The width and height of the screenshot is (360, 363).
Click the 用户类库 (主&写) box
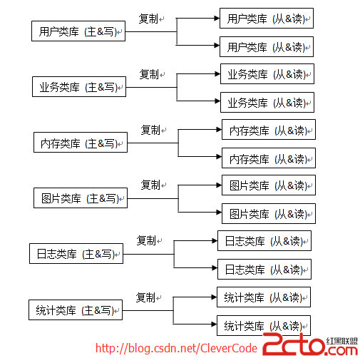click(x=78, y=31)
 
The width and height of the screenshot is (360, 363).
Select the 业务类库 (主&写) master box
click(x=79, y=86)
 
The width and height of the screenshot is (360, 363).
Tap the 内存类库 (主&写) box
click(x=81, y=143)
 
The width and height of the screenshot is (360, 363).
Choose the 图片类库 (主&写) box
click(x=81, y=198)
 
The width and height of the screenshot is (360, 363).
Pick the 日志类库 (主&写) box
click(x=76, y=254)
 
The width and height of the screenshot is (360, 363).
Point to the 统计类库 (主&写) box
click(x=76, y=310)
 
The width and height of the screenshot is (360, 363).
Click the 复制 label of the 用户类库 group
click(x=148, y=19)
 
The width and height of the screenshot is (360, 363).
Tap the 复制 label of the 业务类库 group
click(x=149, y=74)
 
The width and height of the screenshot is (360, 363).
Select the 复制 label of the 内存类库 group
click(x=150, y=130)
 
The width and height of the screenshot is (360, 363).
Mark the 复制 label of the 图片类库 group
click(x=150, y=185)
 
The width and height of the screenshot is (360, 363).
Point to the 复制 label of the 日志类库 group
click(x=146, y=240)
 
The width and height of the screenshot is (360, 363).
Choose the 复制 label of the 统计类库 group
click(x=145, y=297)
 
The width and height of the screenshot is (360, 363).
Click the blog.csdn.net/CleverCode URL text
click(x=176, y=348)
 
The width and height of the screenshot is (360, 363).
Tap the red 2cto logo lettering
click(x=294, y=344)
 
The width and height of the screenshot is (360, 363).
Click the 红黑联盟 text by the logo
click(x=342, y=341)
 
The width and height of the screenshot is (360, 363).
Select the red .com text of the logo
click(x=341, y=351)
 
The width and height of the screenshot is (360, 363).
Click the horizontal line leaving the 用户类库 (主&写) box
click(x=151, y=31)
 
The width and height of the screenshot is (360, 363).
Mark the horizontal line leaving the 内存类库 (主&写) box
click(x=153, y=143)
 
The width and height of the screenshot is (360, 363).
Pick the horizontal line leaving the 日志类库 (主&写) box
click(x=148, y=254)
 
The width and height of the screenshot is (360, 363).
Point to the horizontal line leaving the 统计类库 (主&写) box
click(x=148, y=310)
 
